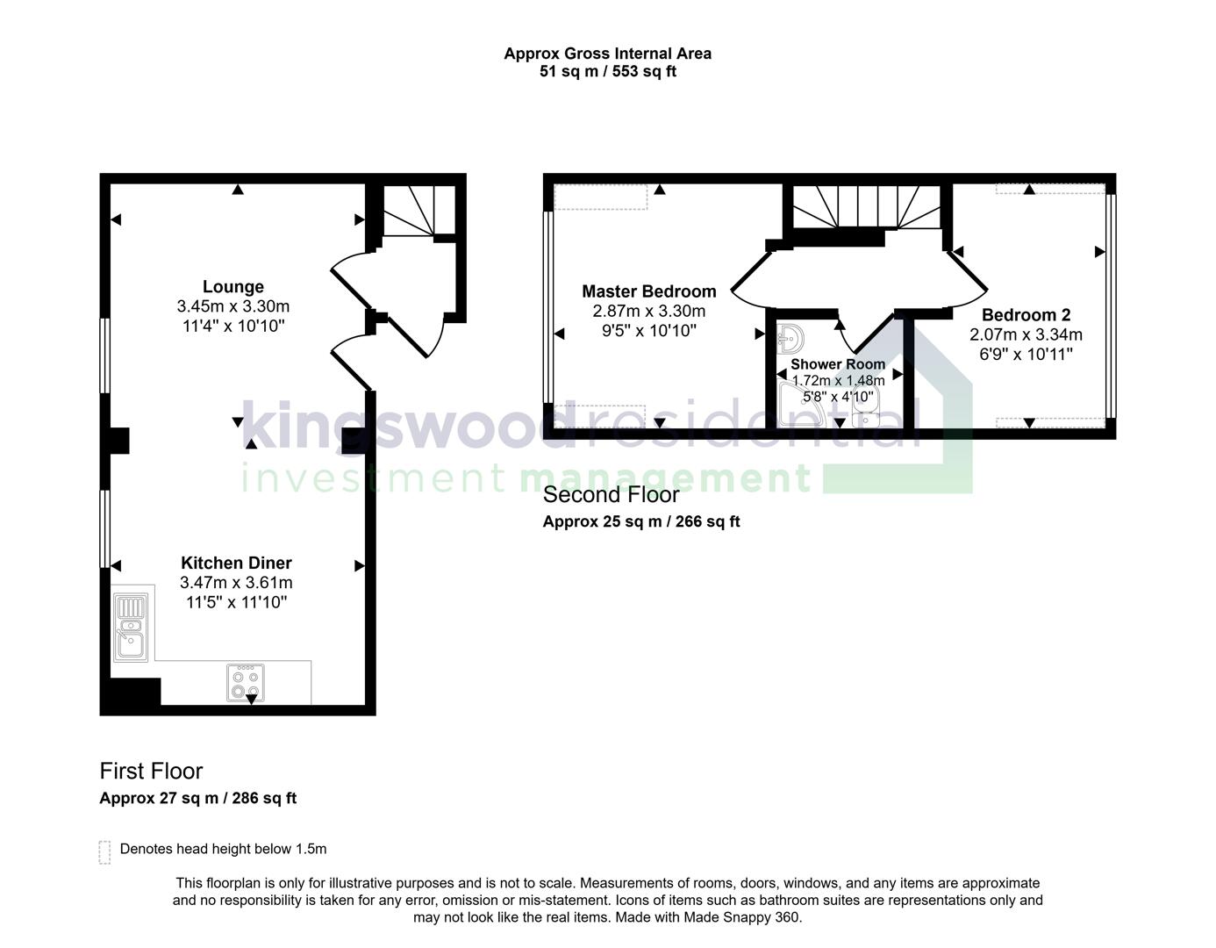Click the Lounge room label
pyautogui.click(x=232, y=287)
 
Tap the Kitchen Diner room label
pyautogui.click(x=236, y=564)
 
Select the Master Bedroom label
pyautogui.click(x=648, y=291)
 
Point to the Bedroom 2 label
pyautogui.click(x=1026, y=315)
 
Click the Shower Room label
pyautogui.click(x=838, y=364)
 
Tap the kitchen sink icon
pyautogui.click(x=131, y=627)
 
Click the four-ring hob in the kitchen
pyautogui.click(x=245, y=683)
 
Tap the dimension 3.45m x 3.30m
pyautogui.click(x=232, y=306)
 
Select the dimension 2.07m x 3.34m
pyautogui.click(x=1026, y=334)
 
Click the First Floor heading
pyautogui.click(x=151, y=771)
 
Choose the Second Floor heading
pyautogui.click(x=611, y=494)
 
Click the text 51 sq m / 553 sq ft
pyautogui.click(x=607, y=72)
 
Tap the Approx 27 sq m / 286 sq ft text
pyautogui.click(x=197, y=798)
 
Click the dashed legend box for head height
pyautogui.click(x=104, y=851)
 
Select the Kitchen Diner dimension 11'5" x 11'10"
pyautogui.click(x=236, y=602)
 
